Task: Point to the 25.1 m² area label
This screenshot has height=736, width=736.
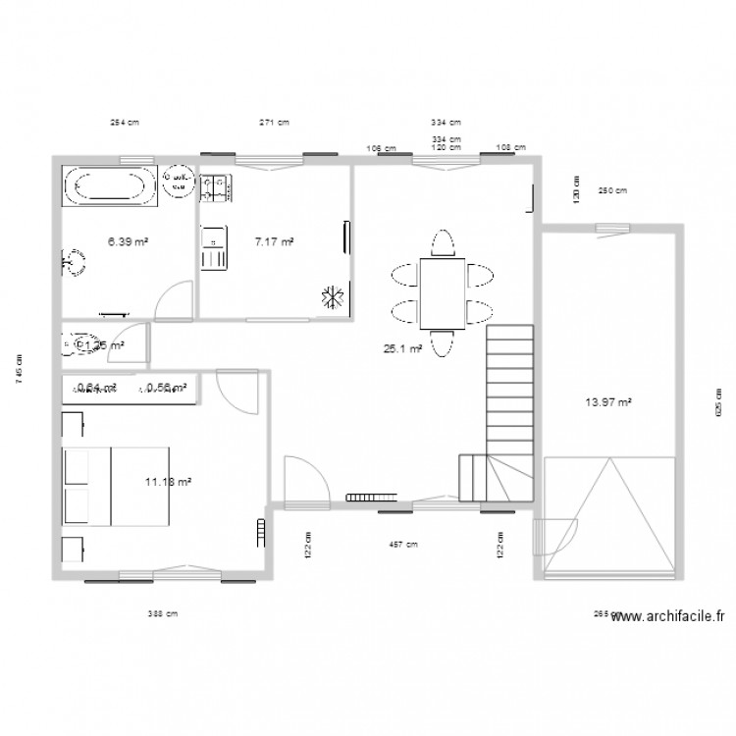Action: tap(402, 347)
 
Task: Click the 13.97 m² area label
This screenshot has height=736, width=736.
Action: tap(608, 401)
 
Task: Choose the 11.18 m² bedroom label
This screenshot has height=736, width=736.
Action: tap(167, 481)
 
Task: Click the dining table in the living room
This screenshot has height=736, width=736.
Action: tap(443, 292)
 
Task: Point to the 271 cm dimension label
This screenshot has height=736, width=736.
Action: tap(274, 123)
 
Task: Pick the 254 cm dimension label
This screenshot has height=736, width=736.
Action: tap(124, 123)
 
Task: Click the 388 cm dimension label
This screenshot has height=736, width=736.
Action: tap(163, 614)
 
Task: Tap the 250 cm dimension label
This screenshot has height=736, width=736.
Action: tap(612, 190)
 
